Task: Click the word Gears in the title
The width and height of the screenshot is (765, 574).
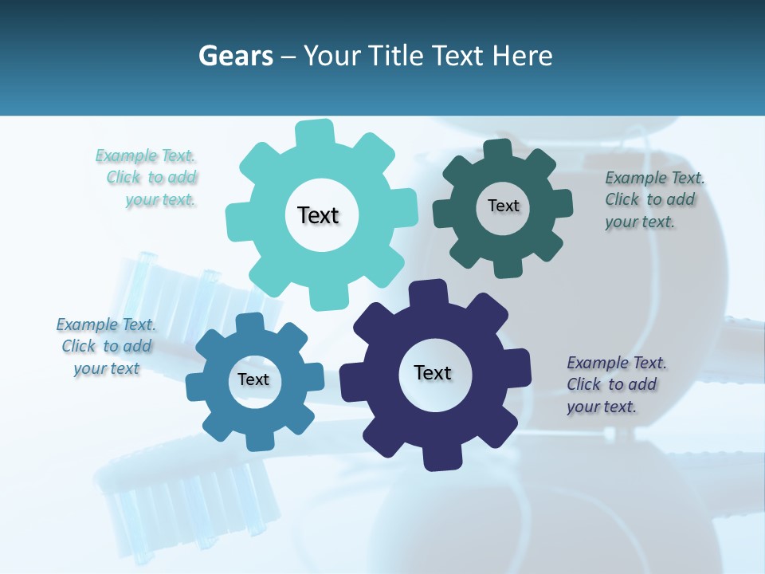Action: click(x=236, y=56)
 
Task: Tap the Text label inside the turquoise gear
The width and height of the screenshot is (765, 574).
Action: click(x=318, y=215)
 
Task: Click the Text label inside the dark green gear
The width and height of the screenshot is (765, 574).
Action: click(x=503, y=206)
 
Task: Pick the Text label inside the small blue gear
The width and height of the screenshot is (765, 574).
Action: click(x=253, y=379)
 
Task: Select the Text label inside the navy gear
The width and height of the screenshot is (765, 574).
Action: click(x=433, y=372)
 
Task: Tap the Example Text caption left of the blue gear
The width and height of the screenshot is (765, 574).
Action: click(x=106, y=346)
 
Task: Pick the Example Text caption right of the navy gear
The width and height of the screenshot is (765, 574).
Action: click(x=613, y=384)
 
